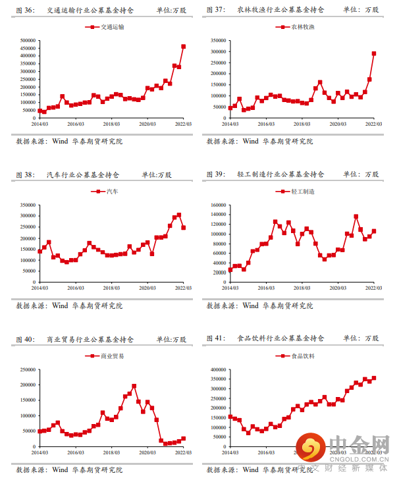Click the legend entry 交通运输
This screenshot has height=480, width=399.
tap(109, 28)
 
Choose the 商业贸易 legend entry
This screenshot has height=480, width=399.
tap(109, 356)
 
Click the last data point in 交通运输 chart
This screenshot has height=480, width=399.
tap(183, 47)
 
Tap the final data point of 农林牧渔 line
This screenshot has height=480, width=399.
tap(374, 54)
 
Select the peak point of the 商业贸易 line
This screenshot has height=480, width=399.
tap(134, 386)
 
